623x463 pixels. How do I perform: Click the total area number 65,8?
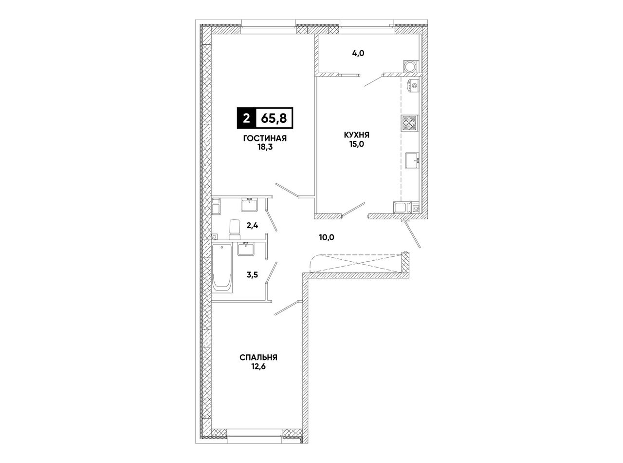(x=274, y=118)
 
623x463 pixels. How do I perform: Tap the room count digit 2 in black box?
(x=246, y=118)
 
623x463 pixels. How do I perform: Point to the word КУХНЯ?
(x=356, y=135)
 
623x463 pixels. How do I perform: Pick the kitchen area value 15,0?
(x=356, y=144)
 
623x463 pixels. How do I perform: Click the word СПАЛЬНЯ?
(x=258, y=358)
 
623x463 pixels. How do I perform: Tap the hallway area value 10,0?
(x=327, y=237)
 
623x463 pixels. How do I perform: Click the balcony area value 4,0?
(x=358, y=53)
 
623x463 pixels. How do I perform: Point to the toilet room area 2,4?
(x=252, y=226)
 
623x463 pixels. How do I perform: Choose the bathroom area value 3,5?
(x=252, y=275)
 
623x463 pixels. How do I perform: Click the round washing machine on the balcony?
(x=410, y=67)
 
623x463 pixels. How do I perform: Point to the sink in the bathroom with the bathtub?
(x=246, y=249)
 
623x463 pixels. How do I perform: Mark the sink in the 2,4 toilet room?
(x=249, y=205)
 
